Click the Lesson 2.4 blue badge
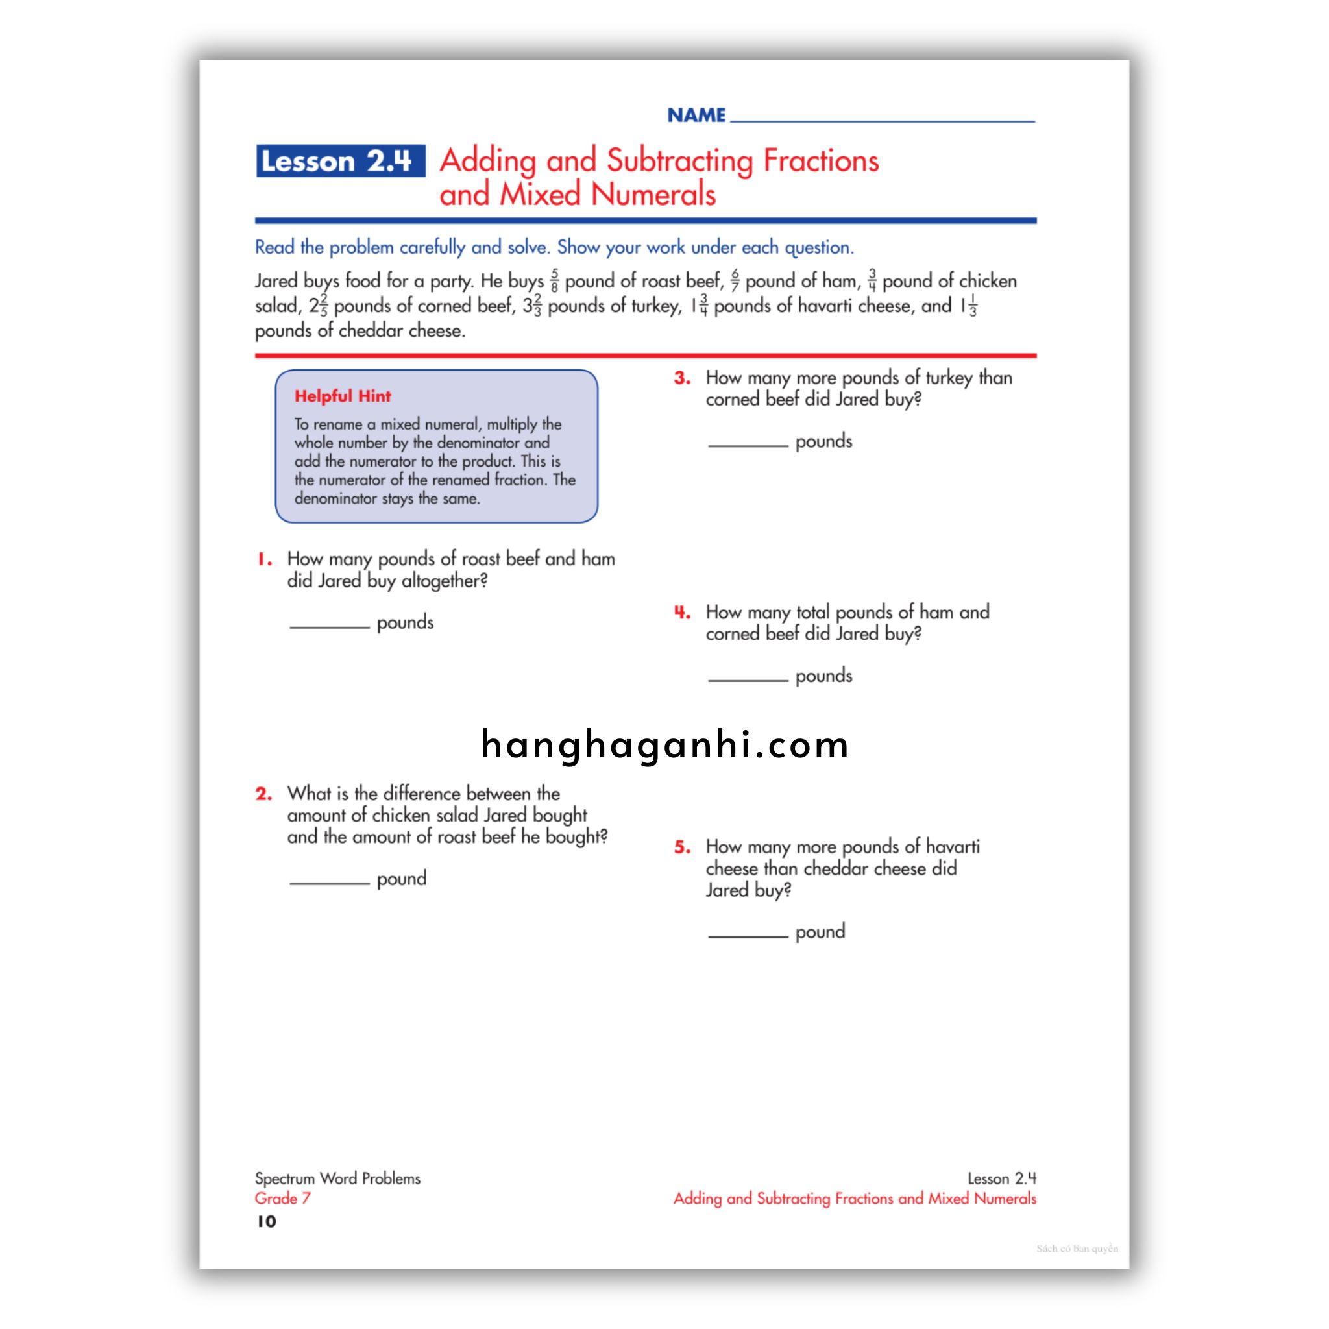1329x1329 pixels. click(x=341, y=161)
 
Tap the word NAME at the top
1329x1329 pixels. click(x=696, y=115)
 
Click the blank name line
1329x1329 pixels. click(x=882, y=117)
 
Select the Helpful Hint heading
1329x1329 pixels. click(x=343, y=396)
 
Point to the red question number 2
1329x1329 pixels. click(x=264, y=794)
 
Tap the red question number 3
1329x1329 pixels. click(x=682, y=378)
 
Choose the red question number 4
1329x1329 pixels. click(x=682, y=612)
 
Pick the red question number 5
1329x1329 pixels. click(x=682, y=847)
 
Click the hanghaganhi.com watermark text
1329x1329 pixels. click(x=664, y=745)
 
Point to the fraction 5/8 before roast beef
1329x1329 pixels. click(x=554, y=280)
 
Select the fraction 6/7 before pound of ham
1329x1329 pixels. click(x=735, y=280)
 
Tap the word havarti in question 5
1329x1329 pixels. click(x=952, y=847)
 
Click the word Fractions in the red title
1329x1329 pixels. click(x=821, y=161)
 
